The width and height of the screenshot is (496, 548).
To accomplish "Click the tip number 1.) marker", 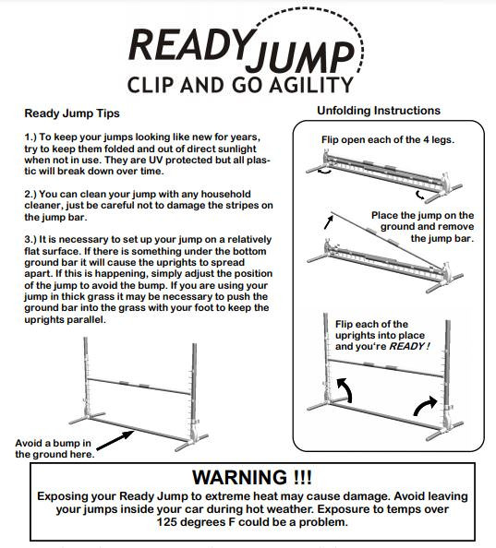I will tap(31, 137).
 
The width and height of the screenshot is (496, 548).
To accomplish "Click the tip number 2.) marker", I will tap(31, 195).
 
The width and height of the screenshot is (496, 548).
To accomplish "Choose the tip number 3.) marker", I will tap(31, 239).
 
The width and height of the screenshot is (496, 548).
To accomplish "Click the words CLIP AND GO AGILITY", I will tap(239, 86).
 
